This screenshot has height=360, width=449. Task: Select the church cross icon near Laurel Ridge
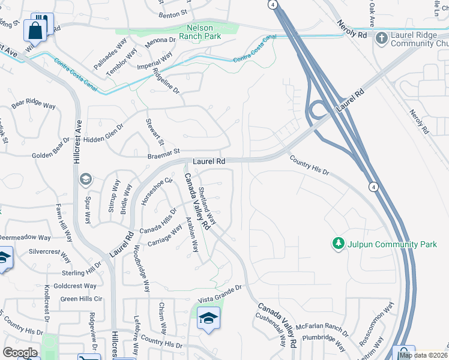(x=381, y=39)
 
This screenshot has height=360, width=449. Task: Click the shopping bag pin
(x=35, y=30)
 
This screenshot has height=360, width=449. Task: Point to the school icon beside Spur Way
(x=85, y=179)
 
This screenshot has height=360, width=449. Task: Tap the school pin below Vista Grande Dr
(x=208, y=319)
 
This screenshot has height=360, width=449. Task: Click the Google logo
(x=20, y=353)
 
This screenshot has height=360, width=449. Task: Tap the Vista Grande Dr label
(x=219, y=289)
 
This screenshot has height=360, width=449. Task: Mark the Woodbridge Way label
(x=139, y=268)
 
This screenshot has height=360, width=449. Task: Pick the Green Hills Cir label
(x=82, y=299)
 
